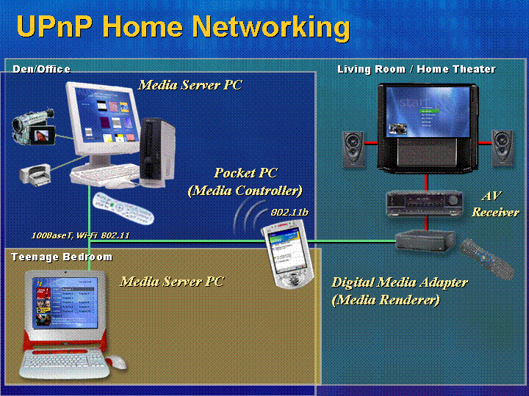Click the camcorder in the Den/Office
pyautogui.click(x=33, y=127)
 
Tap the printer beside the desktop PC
pyautogui.click(x=35, y=175)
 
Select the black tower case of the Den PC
pyautogui.click(x=157, y=153)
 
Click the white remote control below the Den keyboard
pyautogui.click(x=123, y=208)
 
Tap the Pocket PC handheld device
pyautogui.click(x=288, y=254)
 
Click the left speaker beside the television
pyautogui.click(x=353, y=150)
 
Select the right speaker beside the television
pyautogui.click(x=503, y=148)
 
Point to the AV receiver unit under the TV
pyautogui.click(x=424, y=203)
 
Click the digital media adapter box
pyautogui.click(x=425, y=242)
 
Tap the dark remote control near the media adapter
pyautogui.click(x=487, y=259)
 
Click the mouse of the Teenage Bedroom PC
pyautogui.click(x=116, y=362)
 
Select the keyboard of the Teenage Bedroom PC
pyautogui.click(x=63, y=364)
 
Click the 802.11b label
pyautogui.click(x=289, y=213)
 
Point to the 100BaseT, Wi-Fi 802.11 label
pyautogui.click(x=80, y=235)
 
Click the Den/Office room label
pyautogui.click(x=41, y=69)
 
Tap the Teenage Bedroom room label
pyautogui.click(x=62, y=257)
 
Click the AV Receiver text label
pyautogui.click(x=495, y=204)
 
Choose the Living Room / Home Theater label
pyautogui.click(x=417, y=70)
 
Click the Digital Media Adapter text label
pyautogui.click(x=400, y=282)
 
